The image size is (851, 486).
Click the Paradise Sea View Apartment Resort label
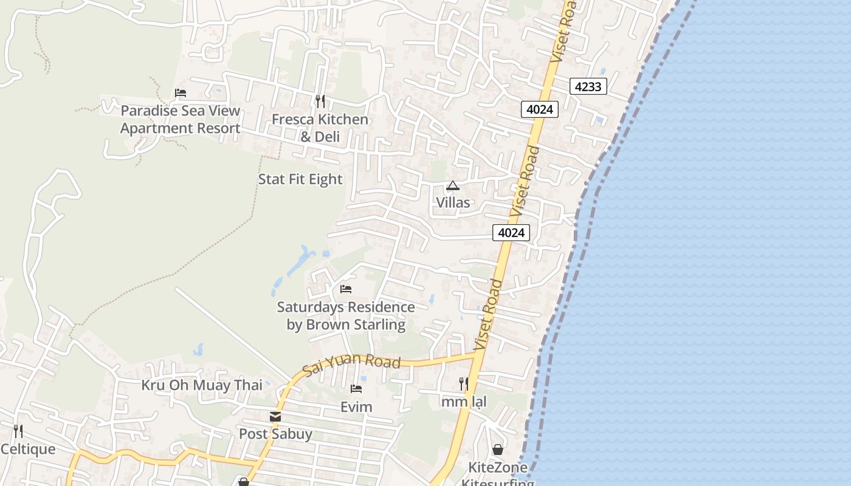(181, 120)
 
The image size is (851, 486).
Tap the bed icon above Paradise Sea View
(181, 93)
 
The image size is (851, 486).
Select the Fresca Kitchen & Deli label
(320, 128)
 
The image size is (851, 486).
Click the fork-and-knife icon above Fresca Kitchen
(320, 101)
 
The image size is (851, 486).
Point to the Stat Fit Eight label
(300, 179)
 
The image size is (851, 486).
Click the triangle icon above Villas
(452, 185)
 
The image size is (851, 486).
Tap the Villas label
(453, 202)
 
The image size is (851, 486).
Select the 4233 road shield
(588, 86)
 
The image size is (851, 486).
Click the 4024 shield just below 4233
(540, 109)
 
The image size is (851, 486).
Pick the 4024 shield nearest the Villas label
(511, 232)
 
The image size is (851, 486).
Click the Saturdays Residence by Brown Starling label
(346, 316)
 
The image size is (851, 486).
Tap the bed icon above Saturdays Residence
(346, 289)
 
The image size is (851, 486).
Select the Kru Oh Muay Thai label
(202, 385)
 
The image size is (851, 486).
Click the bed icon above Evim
(356, 389)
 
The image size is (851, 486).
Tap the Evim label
(356, 406)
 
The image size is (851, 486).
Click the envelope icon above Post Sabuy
(275, 417)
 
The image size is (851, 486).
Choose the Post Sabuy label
(275, 434)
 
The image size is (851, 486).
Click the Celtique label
(28, 450)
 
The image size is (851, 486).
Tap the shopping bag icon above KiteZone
(497, 450)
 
